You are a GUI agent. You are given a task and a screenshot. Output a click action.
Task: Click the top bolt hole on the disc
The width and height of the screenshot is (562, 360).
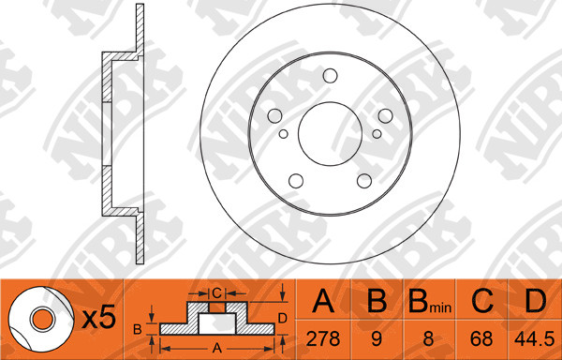click(x=330, y=76)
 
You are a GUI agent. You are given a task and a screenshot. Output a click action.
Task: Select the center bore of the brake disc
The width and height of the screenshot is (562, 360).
click(x=330, y=134)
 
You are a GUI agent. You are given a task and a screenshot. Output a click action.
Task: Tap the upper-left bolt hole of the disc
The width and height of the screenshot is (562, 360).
click(x=274, y=116)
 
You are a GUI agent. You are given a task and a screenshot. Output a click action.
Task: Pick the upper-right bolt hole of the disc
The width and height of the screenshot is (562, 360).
click(x=385, y=116)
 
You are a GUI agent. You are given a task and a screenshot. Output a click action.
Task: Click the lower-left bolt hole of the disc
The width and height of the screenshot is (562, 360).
click(x=296, y=181)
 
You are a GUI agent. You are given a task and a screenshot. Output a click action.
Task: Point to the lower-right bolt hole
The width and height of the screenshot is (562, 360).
click(x=364, y=181)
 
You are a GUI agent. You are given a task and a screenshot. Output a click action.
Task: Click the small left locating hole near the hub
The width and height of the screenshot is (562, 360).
click(x=284, y=134)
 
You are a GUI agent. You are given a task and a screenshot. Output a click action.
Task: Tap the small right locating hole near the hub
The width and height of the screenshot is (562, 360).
click(x=377, y=134)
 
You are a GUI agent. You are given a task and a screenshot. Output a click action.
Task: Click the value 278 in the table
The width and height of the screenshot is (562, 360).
click(x=322, y=338)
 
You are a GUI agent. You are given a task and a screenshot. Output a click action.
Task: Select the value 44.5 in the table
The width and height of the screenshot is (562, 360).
click(x=534, y=338)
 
